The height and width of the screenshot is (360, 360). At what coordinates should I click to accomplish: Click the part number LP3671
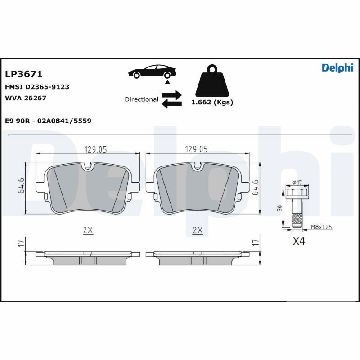pyautogui.click(x=23, y=74)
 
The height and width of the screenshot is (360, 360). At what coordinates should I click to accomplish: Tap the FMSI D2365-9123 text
pyautogui.click(x=37, y=87)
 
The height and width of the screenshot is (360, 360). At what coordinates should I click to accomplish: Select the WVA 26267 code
pyautogui.click(x=26, y=98)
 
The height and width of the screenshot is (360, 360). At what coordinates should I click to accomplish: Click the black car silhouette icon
pyautogui.click(x=152, y=72)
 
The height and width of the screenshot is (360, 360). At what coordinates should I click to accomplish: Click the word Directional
pyautogui.click(x=141, y=99)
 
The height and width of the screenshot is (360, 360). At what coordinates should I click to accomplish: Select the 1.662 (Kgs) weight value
pyautogui.click(x=212, y=102)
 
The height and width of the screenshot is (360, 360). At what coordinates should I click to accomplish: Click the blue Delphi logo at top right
pyautogui.click(x=337, y=67)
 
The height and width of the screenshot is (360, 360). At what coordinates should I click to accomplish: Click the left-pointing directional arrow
pyautogui.click(x=171, y=104)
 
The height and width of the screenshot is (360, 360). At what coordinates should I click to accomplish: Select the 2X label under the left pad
pyautogui.click(x=88, y=230)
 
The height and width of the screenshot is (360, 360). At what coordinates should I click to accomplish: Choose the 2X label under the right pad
pyautogui.click(x=197, y=230)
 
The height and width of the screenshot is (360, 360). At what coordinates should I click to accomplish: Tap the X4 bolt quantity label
pyautogui.click(x=299, y=242)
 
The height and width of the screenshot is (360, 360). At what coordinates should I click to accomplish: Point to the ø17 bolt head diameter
pyautogui.click(x=297, y=182)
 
